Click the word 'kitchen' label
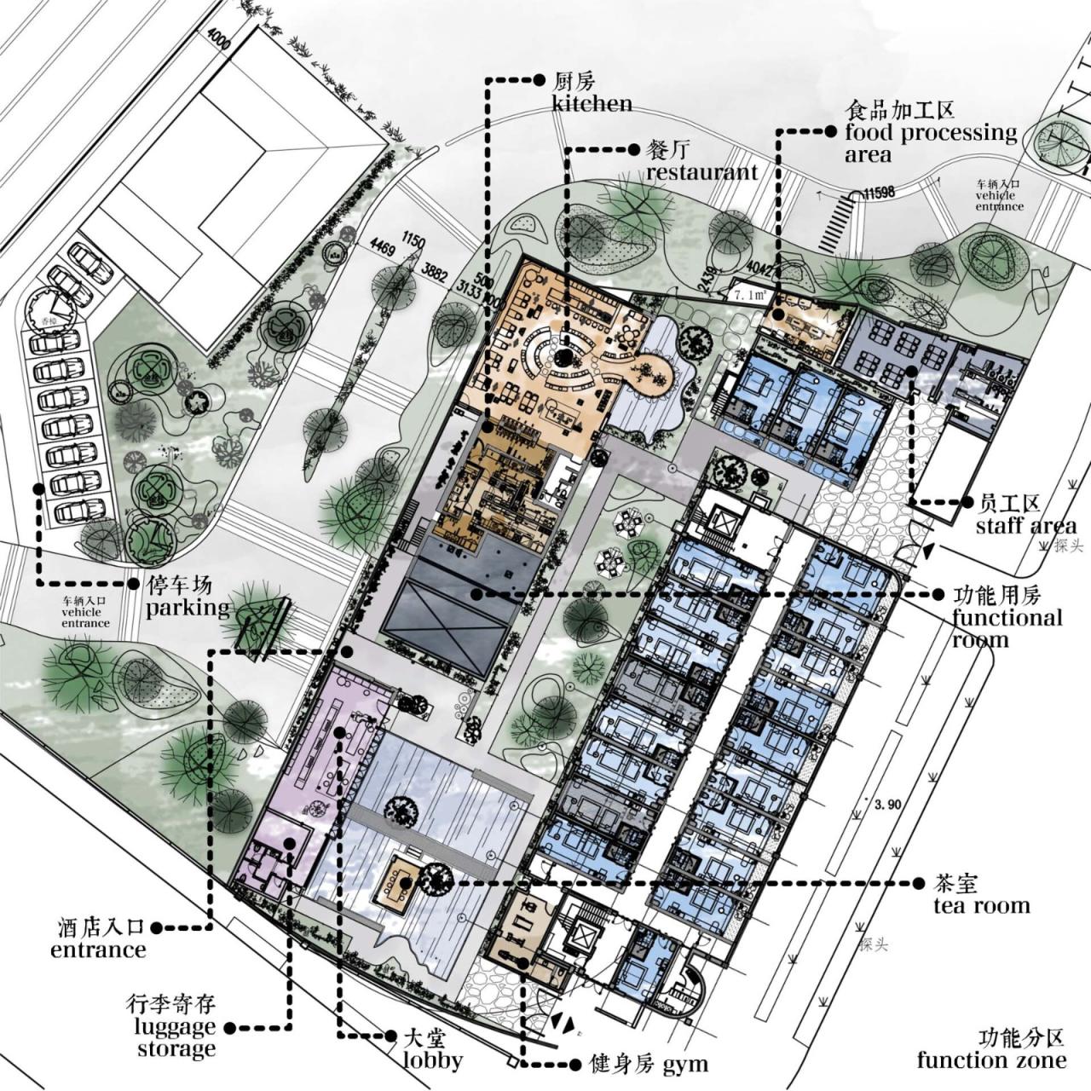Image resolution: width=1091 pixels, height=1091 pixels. [592, 104]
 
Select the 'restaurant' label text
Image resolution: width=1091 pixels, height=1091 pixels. [701, 172]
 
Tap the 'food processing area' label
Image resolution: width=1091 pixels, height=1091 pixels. [931, 143]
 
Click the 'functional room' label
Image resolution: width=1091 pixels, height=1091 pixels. [1007, 628]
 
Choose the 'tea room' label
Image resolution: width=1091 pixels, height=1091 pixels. [981, 905]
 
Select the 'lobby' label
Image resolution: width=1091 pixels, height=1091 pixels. [433, 1060]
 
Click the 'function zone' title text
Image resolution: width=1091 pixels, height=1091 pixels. [991, 1060]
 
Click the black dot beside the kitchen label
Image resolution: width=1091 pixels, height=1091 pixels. [539, 80]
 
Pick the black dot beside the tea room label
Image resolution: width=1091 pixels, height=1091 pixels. [919, 883]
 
